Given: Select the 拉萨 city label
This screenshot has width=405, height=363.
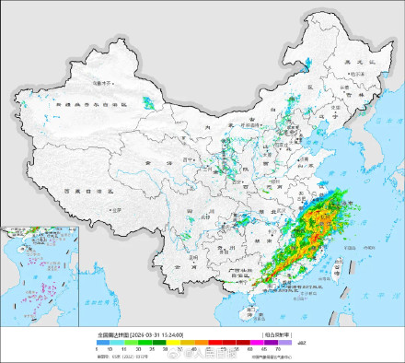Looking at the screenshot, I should click(x=116, y=209).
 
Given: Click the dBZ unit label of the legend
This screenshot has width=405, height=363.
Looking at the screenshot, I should click(x=300, y=343).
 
